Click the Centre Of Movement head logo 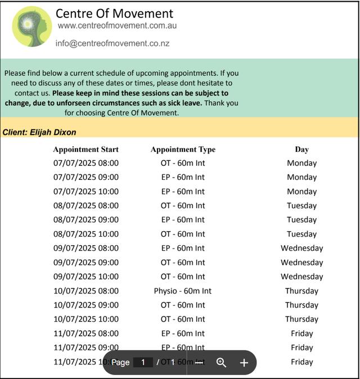click(31, 26)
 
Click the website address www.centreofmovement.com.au click(118, 26)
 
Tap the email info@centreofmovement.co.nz click(112, 43)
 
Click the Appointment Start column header click(85, 150)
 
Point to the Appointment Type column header click(183, 150)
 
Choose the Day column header click(301, 150)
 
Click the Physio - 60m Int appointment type click(183, 291)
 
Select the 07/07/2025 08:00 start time click(86, 163)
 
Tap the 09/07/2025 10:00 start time click(86, 277)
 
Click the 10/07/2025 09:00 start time click(86, 305)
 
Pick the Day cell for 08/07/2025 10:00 click(301, 234)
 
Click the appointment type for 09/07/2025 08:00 click(183, 248)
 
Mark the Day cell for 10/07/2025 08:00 click(301, 291)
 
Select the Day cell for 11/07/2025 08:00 click(301, 333)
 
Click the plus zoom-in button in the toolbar click(244, 363)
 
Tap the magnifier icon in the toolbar click(222, 363)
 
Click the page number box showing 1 click(143, 363)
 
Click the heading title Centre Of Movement click(114, 13)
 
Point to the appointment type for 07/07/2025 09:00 click(183, 177)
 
